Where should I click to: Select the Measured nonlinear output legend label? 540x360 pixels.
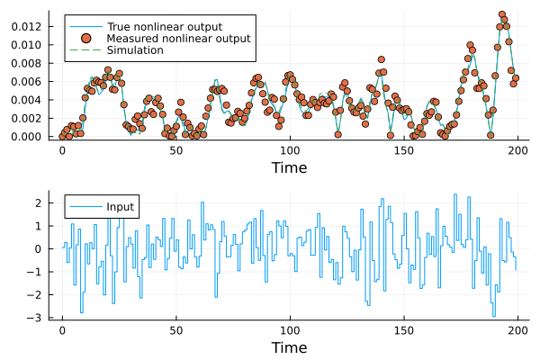[179, 39]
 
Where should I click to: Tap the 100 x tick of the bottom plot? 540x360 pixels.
[290, 330]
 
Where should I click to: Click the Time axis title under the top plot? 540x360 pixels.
[289, 167]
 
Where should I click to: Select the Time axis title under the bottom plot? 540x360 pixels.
[289, 347]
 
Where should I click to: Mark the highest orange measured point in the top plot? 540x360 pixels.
[502, 14]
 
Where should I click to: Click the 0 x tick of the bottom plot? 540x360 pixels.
[62, 330]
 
